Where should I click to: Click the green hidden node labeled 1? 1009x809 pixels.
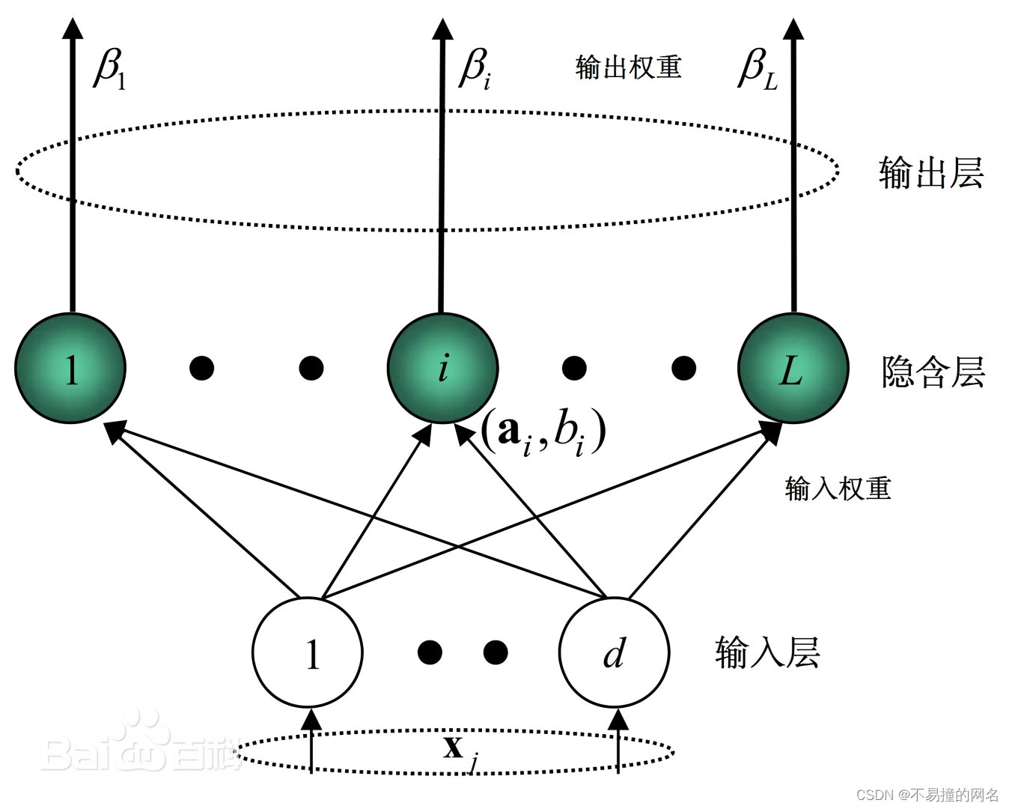click(70, 369)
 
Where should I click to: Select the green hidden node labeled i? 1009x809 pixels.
click(442, 369)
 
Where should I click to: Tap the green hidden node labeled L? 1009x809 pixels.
click(793, 369)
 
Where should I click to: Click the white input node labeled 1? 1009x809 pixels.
click(308, 652)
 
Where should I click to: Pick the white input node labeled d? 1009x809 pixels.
click(614, 652)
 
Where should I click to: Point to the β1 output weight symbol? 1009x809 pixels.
click(110, 69)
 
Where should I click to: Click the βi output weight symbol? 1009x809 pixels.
click(475, 69)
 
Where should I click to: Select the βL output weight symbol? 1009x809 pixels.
click(757, 69)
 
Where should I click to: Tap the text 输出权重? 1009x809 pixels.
click(628, 67)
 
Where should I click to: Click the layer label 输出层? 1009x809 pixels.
click(930, 173)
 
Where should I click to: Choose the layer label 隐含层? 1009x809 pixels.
click(933, 372)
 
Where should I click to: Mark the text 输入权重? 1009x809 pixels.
click(838, 488)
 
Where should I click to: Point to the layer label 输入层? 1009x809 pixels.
click(767, 652)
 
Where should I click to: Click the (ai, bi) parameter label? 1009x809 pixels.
click(543, 432)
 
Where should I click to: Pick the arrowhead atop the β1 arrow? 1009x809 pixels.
click(73, 28)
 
